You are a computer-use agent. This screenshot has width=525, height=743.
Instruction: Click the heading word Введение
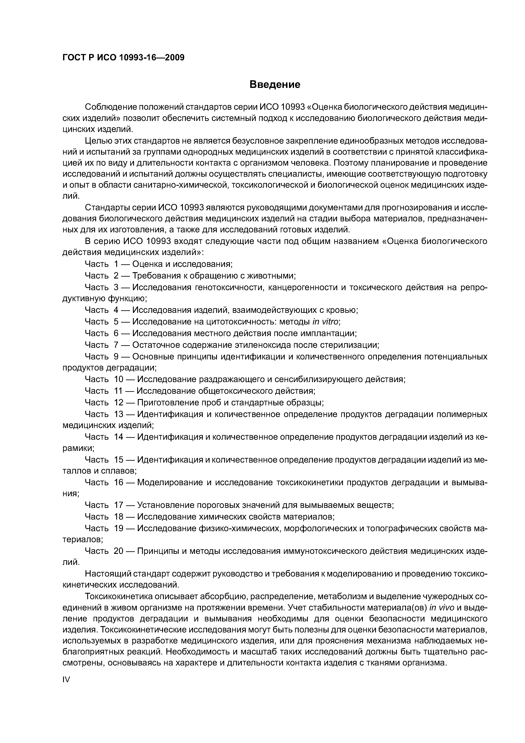[x=275, y=85]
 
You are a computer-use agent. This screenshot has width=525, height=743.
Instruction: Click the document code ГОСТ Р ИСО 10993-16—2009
[x=123, y=58]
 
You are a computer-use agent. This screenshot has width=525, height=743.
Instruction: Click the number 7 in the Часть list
[x=116, y=345]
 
